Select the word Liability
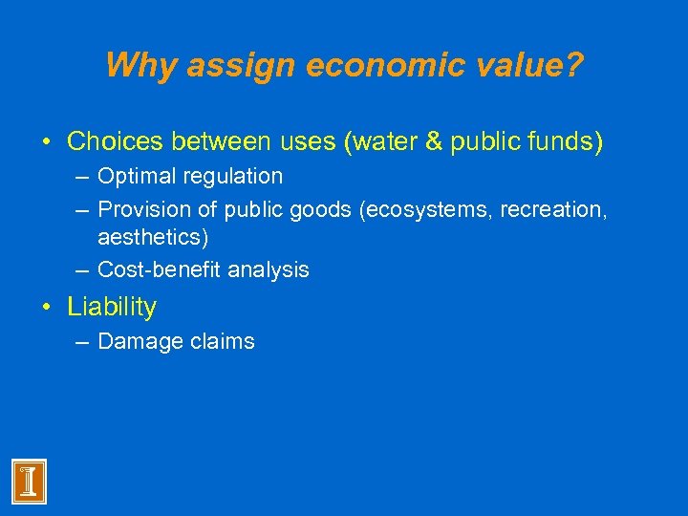pyautogui.click(x=112, y=307)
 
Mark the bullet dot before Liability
pyautogui.click(x=48, y=308)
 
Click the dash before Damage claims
pyautogui.click(x=80, y=341)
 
